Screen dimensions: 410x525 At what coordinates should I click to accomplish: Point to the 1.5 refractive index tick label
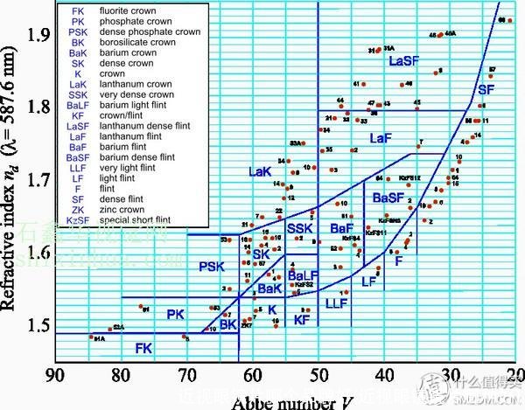click(38, 325)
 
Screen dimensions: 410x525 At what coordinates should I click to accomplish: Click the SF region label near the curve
click(486, 89)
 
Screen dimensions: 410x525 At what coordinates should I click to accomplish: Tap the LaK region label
click(261, 172)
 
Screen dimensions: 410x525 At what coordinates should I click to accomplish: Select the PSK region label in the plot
click(211, 267)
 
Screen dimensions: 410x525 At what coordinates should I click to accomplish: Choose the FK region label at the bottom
click(143, 348)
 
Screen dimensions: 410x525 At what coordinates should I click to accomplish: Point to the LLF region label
click(337, 303)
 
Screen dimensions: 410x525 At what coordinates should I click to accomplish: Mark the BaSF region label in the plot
click(388, 198)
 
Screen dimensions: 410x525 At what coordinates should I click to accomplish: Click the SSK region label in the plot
click(297, 229)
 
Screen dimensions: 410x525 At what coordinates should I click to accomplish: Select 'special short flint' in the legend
click(132, 220)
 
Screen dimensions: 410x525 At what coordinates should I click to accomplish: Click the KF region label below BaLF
click(301, 321)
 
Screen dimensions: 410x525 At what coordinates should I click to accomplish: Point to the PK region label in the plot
click(177, 313)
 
